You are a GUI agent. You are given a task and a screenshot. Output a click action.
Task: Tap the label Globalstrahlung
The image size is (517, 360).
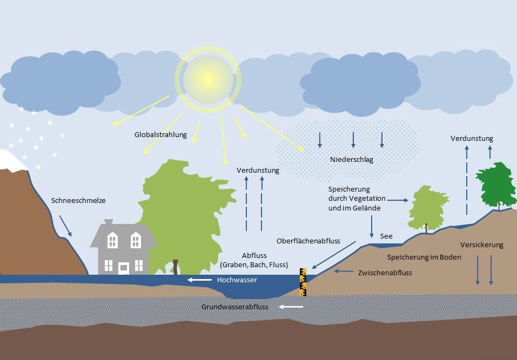tap(160, 135)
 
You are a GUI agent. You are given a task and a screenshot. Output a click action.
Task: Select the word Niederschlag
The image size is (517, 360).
tap(352, 160)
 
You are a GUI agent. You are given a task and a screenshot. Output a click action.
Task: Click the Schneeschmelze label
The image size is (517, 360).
tap(78, 201)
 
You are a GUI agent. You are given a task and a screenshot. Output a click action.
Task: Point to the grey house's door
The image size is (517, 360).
tap(123, 268)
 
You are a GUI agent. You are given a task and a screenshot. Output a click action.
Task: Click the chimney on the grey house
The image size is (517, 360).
tap(109, 222)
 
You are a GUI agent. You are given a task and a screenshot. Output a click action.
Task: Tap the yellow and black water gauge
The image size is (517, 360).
tap(303, 282)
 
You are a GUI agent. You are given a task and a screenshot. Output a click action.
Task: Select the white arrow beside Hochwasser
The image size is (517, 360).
tap(199, 280)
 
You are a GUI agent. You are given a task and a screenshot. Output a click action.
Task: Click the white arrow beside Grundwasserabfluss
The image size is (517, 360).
tap(291, 307)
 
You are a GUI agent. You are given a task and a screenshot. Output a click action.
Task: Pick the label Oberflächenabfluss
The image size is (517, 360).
tap(308, 241)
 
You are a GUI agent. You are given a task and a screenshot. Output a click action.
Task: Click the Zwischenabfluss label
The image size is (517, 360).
tap(385, 273)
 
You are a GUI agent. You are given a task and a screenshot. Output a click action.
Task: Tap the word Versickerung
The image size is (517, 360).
tap(482, 245)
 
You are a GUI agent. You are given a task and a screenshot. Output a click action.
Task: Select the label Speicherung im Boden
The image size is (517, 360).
tap(424, 257)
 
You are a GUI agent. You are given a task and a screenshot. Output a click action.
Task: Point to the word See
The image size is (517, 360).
tap(386, 236)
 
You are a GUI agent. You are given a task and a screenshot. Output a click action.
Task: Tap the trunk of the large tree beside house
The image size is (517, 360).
tap(175, 267)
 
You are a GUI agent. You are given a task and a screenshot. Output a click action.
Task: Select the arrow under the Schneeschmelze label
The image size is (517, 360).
tap(65, 226)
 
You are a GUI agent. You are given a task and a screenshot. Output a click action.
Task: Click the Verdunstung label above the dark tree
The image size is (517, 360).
tap(472, 139)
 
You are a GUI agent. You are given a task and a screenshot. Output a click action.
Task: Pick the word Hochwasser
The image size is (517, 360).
tap(237, 280)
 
